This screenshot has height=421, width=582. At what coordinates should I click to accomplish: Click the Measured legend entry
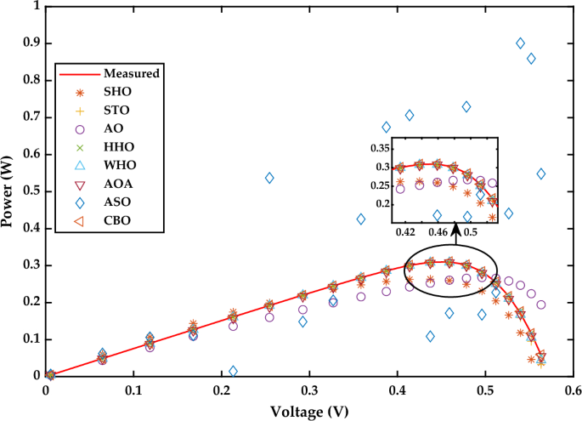tap(132, 73)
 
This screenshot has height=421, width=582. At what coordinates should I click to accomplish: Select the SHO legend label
tap(116, 92)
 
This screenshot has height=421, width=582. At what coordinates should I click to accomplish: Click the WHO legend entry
tap(117, 166)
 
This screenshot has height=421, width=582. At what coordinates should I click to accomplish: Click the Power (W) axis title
tap(9, 192)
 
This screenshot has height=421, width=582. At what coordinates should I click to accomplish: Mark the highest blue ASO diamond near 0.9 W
tap(521, 43)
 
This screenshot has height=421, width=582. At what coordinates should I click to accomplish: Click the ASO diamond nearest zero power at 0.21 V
tap(233, 371)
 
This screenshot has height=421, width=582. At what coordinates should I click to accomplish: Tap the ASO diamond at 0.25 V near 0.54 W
tap(269, 178)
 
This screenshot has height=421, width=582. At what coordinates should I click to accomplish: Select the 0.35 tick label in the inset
tap(376, 148)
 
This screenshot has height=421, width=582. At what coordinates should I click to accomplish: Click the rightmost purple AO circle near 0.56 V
tap(541, 304)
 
